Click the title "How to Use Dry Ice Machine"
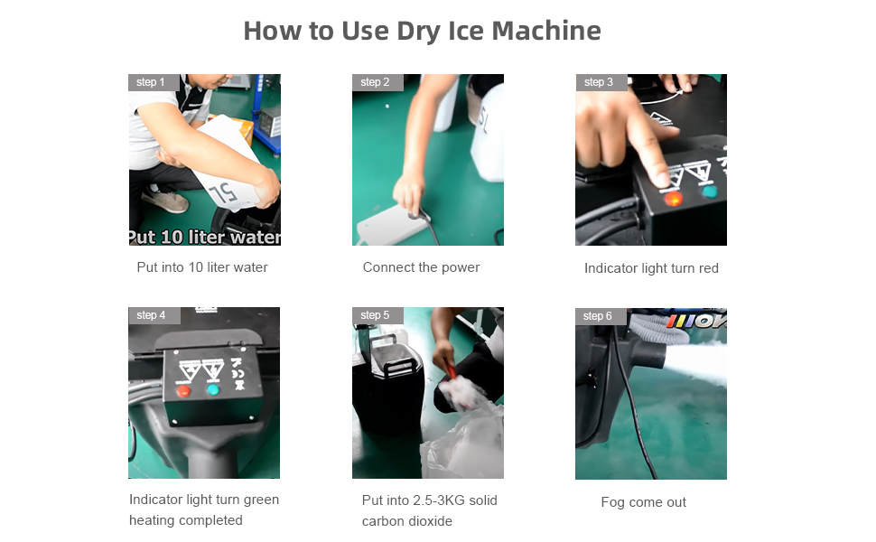[423, 32]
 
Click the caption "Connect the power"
[421, 267]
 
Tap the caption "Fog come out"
[644, 501]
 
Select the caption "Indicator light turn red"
[651, 268]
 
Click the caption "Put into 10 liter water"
[202, 267]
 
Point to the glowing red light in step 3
[673, 198]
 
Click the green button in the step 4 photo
[213, 389]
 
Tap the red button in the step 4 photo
[183, 391]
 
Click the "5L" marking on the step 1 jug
[223, 192]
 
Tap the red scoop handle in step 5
[451, 370]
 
